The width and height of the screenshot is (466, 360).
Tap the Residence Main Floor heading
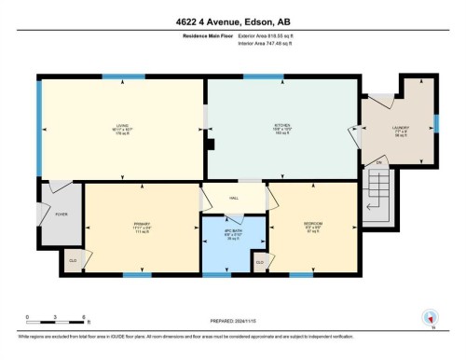tap(204, 37)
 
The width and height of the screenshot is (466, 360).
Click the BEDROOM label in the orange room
tap(313, 225)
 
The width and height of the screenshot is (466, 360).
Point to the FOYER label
tap(62, 215)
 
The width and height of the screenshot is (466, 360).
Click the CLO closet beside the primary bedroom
tap(73, 261)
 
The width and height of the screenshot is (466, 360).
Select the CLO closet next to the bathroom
tap(260, 263)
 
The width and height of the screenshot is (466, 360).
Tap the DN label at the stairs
tap(379, 165)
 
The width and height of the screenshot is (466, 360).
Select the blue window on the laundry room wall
tap(435, 122)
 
